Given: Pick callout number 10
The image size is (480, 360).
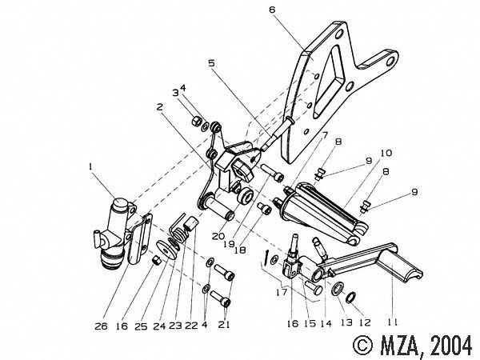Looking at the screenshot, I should (385, 152).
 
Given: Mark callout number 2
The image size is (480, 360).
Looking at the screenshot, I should (161, 106).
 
